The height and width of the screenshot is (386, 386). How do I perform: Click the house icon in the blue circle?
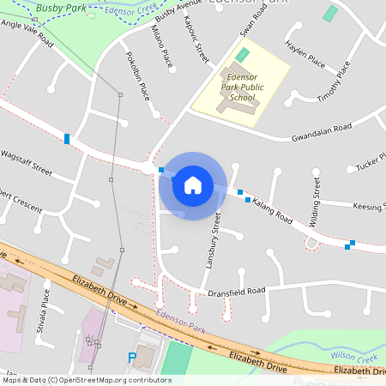(192, 185)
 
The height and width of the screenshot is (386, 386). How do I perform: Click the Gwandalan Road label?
(322, 132)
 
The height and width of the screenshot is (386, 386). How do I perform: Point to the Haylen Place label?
(305, 58)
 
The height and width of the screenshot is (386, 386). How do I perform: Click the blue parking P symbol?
(131, 357)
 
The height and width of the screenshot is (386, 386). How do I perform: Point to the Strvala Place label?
(45, 316)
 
